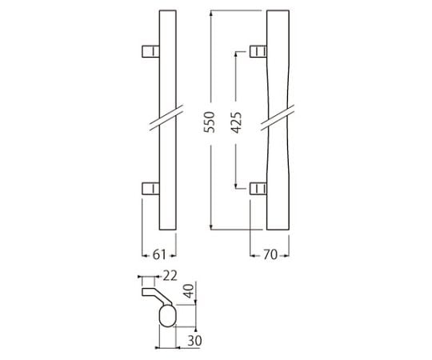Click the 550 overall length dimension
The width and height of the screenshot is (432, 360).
coord(209,122)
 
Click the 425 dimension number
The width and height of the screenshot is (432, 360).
coord(236,122)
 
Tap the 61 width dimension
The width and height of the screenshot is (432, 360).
coord(159,254)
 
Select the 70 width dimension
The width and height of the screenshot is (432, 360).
coord(270,254)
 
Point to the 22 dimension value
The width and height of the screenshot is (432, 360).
coord(170,276)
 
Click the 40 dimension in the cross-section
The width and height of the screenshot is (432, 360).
coord(190,291)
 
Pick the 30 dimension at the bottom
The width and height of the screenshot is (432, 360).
coord(194,341)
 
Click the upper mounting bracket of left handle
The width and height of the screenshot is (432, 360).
coord(150,51)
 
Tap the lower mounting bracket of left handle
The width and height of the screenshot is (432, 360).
coord(150,189)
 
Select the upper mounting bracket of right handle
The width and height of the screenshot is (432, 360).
coord(258,51)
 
